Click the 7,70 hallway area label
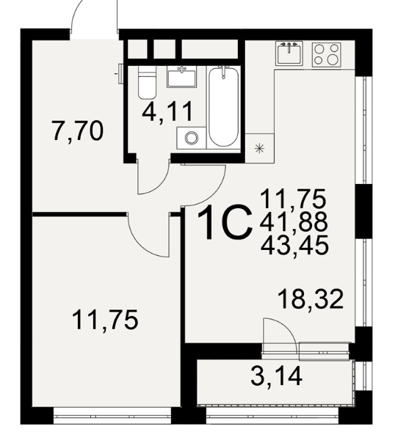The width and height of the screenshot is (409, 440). coord(78,131)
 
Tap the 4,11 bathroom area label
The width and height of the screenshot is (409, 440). coord(167,111)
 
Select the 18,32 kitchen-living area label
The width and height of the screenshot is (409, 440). coord(311,299)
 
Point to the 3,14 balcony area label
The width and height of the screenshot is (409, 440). coord(276,376)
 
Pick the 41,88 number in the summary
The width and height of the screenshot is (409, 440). coord(294,222)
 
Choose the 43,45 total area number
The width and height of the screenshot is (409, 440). coord(294,245)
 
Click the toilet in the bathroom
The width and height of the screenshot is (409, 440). coord(147,82)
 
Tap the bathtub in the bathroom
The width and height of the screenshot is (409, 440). coord(224,107)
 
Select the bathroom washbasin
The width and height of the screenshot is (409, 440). coord(181,77)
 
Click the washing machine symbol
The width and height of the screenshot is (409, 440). coord(192,138)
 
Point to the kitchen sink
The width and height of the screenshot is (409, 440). coord(289,54)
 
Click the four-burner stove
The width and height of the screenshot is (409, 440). coord(327,55)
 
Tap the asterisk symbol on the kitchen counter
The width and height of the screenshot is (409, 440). coord(259,148)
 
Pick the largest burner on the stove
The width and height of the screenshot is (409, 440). coord(333,59)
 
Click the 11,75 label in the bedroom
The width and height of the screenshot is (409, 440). coord(105,320)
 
